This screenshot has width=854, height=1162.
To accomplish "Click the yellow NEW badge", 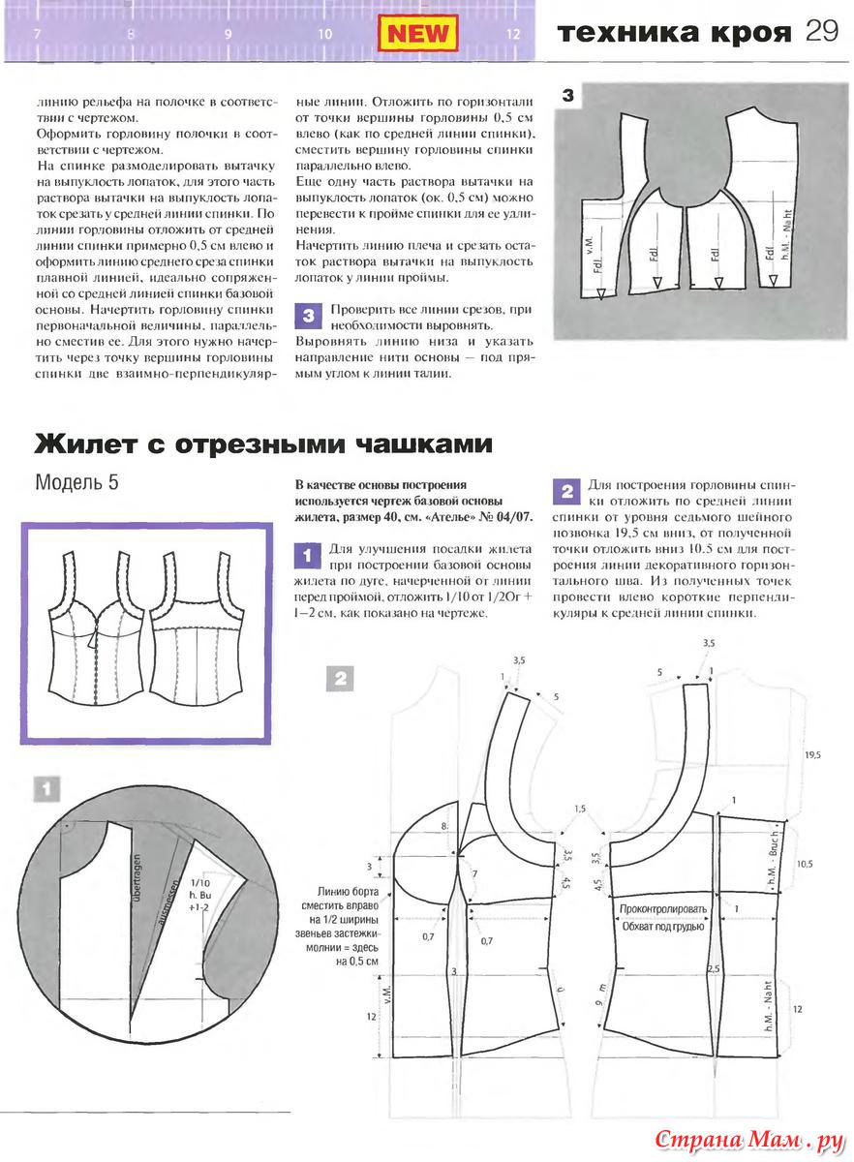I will click(417, 34).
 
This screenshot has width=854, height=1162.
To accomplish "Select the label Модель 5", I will click(76, 481).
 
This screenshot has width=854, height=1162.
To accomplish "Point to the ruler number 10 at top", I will click(324, 34).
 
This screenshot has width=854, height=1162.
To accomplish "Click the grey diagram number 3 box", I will click(568, 96).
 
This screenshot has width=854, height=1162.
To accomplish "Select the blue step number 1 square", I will click(306, 556).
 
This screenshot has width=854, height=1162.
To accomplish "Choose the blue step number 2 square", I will click(565, 490).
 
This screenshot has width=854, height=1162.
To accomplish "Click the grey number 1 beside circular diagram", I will click(46, 789).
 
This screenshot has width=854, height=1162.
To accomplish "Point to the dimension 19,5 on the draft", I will click(811, 753).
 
